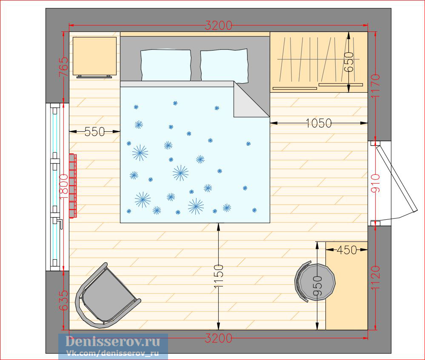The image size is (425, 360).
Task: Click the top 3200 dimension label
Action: [219, 26]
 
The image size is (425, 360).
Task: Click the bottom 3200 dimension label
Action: [219, 338]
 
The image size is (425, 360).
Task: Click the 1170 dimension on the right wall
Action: [376, 86]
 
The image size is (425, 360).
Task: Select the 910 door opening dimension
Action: [376, 183]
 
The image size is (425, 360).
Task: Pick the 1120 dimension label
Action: [376, 278]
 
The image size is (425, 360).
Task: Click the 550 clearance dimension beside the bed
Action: [94, 132]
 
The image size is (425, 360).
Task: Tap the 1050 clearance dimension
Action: [319, 123]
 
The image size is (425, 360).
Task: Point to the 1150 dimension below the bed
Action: [219, 276]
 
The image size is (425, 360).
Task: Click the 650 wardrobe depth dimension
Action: [349, 62]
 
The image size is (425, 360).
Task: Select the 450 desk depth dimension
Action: [347, 250]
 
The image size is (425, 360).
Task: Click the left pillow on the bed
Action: [166, 65]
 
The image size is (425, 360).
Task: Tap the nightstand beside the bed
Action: [94, 57]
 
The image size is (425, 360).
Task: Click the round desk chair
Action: [315, 282]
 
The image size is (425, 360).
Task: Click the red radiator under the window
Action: [73, 186]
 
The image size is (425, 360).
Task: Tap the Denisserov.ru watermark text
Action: [113, 342]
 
